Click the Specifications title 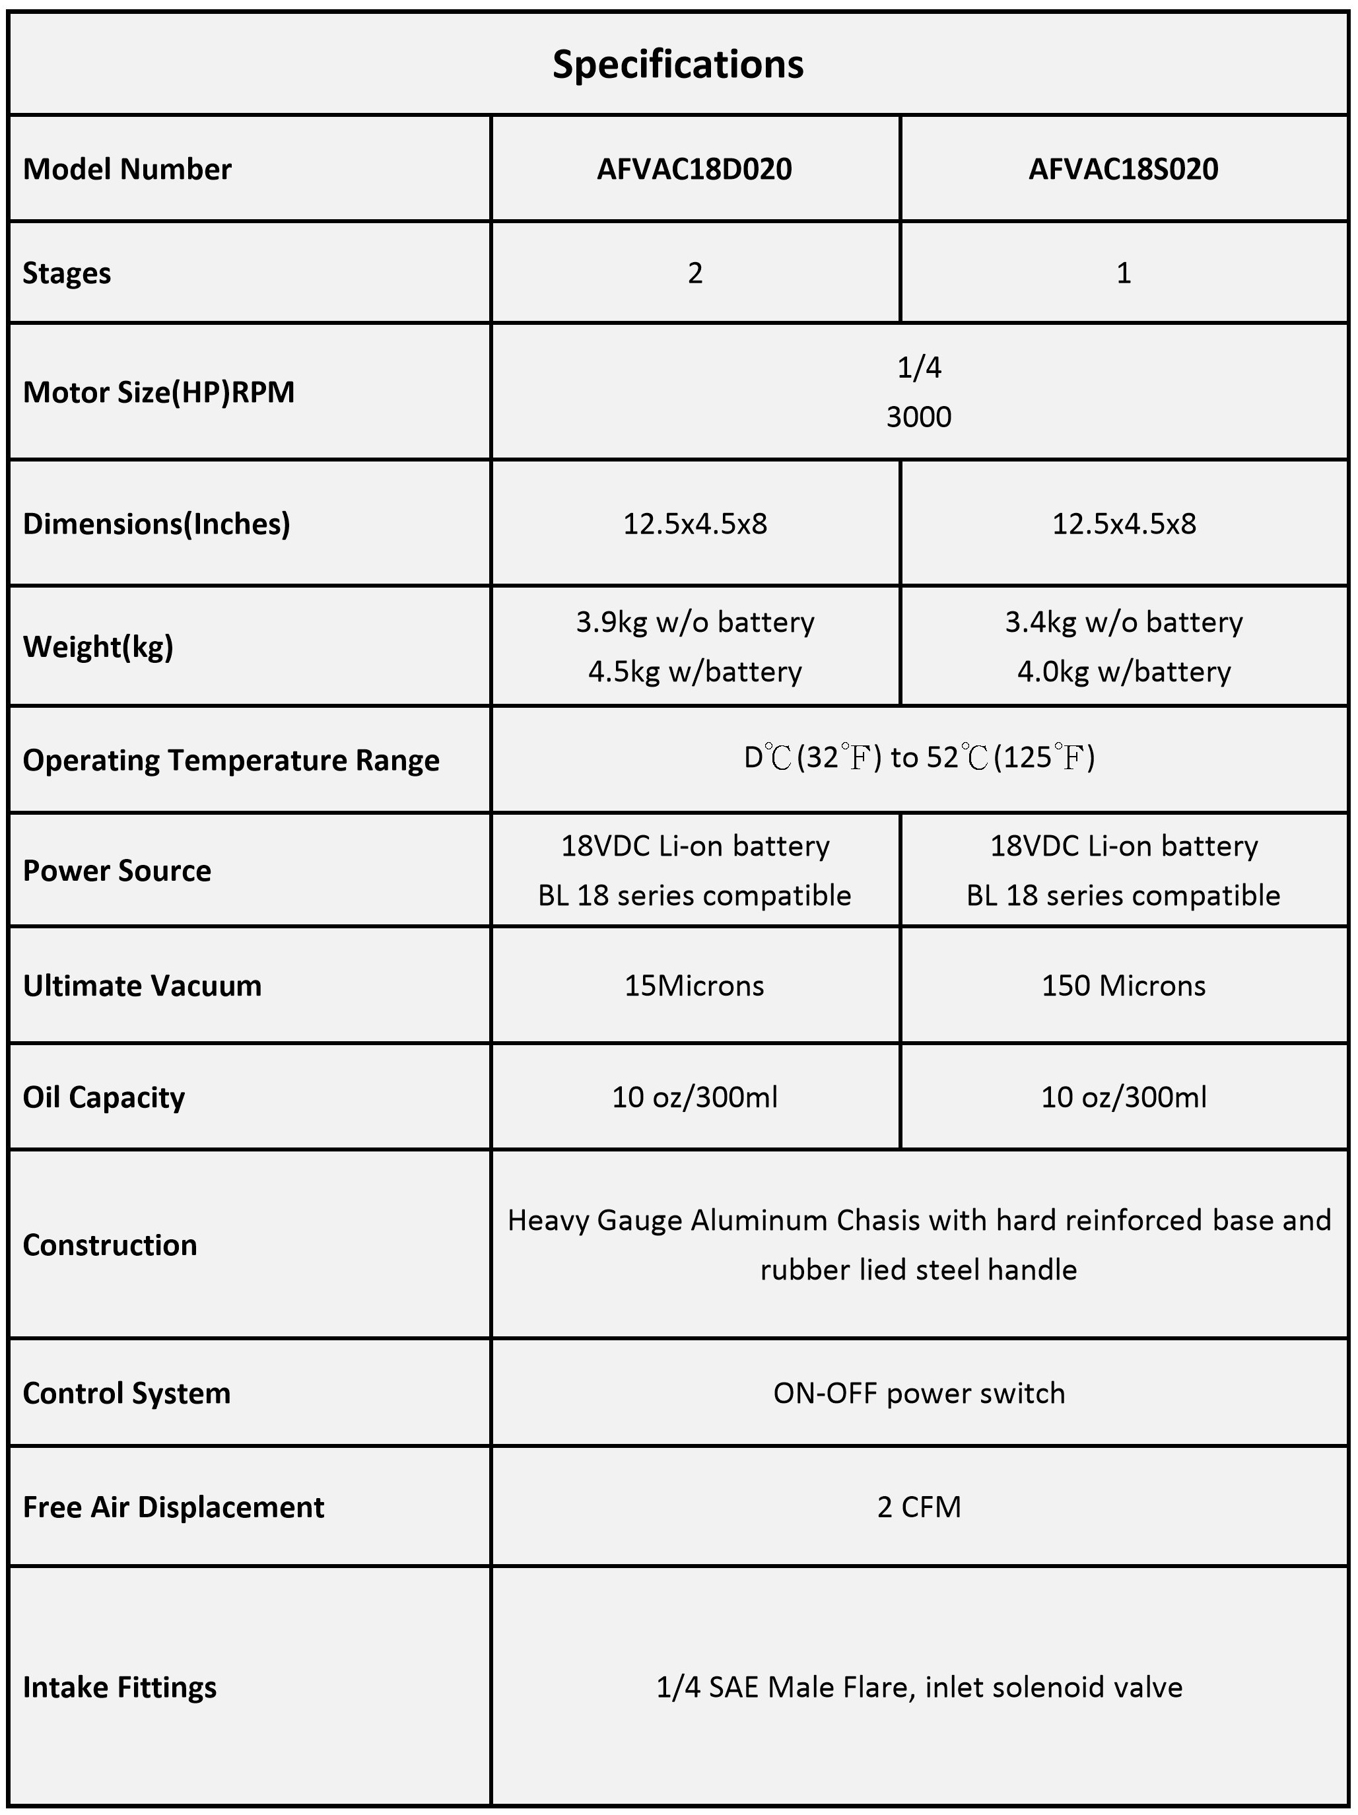678,64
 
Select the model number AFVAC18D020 694,169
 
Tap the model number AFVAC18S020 1124,169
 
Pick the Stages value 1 1124,273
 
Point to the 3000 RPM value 918,417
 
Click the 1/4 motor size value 918,368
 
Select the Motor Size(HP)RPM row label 158,392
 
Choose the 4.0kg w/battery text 1124,672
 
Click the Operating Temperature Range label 230,761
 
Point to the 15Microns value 694,986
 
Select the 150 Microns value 1124,986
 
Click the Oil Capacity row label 104,1098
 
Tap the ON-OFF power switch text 918,1393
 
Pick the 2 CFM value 918,1507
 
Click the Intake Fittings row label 119,1687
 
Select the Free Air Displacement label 173,1507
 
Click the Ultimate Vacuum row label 142,986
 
